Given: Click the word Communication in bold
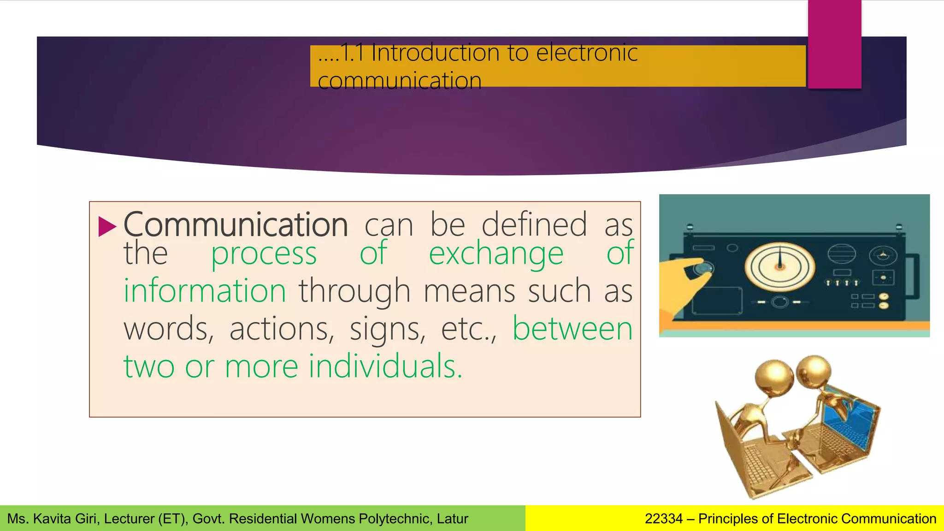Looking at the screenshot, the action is [236, 224].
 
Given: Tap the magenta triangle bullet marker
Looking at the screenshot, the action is [107, 226].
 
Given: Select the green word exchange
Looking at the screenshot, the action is [496, 254].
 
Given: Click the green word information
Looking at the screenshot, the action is [205, 291].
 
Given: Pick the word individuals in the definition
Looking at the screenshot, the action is [385, 366].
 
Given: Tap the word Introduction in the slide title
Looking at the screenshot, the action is [435, 52].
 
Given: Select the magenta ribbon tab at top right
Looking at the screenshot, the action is [834, 44].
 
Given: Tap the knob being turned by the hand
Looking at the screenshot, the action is [703, 268].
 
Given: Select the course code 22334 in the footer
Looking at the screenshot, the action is [663, 519].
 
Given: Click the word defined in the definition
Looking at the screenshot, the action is [534, 224].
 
